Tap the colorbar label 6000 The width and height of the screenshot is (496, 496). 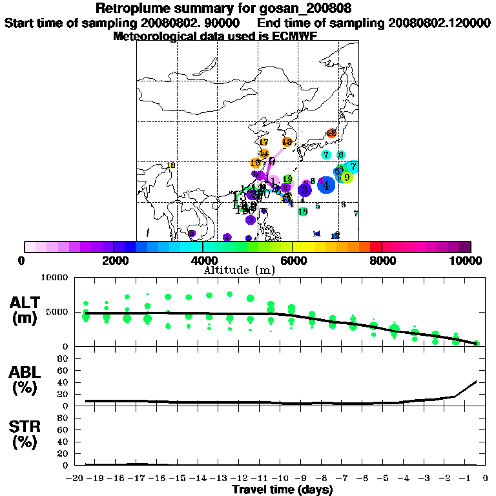[x=293, y=261]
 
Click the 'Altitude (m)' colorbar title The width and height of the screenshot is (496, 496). [x=240, y=271]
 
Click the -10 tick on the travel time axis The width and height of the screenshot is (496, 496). [x=279, y=478]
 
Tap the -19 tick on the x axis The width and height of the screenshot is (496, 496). [x=96, y=478]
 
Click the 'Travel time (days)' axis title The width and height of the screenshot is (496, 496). [x=282, y=490]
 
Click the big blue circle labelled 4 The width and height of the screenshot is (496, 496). [x=325, y=185]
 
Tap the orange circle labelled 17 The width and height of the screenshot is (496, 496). [x=263, y=142]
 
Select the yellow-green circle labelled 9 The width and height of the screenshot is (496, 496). [x=347, y=177]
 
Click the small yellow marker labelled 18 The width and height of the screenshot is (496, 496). [x=171, y=165]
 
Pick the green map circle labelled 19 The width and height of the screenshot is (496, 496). [x=287, y=179]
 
